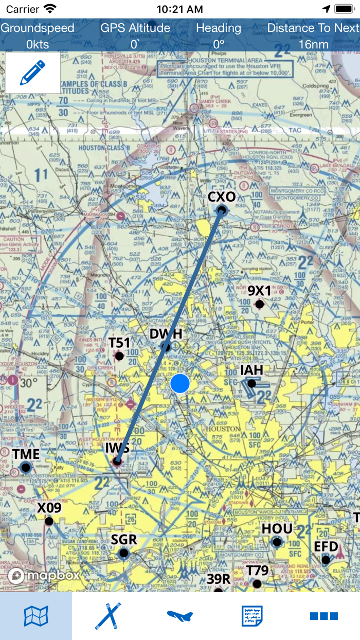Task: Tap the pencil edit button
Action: pos(32,73)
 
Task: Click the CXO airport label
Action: pos(222,197)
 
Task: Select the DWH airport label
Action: pos(166,334)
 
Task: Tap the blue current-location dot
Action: pos(180,383)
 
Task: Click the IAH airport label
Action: pos(251,370)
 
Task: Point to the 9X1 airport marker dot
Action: pos(260,305)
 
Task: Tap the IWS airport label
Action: pos(117,448)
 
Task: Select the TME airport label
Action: pos(26,454)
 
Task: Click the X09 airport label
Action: pos(49,508)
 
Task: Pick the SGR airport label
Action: pos(124,540)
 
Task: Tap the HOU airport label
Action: pos(277,529)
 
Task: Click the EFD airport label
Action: pos(326,546)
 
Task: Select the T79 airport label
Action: pos(257,571)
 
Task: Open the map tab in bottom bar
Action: pos(36,616)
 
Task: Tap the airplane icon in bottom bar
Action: pos(180,616)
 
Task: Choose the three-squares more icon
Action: pos(324,616)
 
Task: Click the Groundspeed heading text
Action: pos(37,28)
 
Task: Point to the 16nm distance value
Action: pos(313,44)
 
